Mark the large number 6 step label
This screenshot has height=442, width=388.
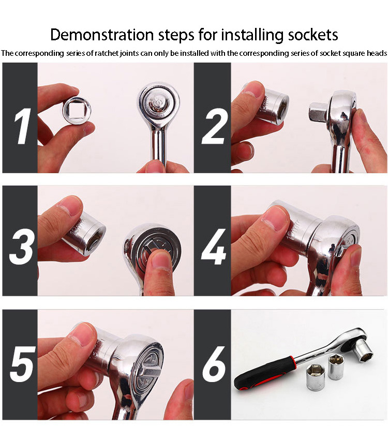pos(213,365)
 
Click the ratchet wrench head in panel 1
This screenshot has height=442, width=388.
pos(158,104)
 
